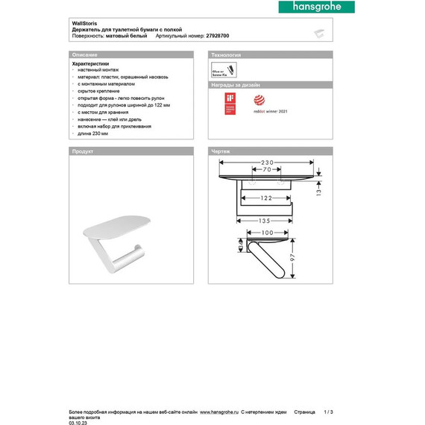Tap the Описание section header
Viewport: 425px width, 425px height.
coord(84,56)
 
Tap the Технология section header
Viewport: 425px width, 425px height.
coord(227,56)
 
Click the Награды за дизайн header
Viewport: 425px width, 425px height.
coord(236,86)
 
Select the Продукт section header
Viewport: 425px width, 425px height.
coord(82,151)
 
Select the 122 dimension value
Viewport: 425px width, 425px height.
coord(259,198)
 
